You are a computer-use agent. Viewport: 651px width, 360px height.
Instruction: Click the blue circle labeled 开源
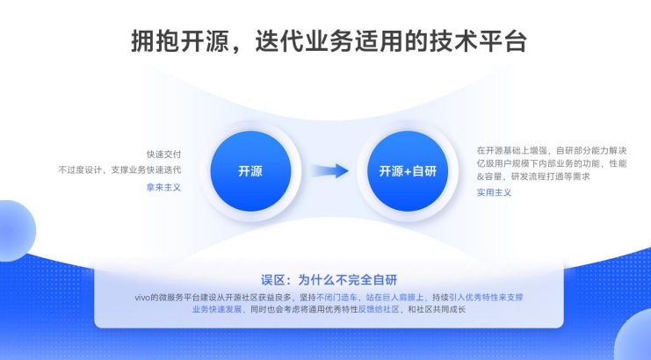point(250,171)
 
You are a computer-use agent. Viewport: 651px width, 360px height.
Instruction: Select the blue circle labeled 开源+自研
point(408,171)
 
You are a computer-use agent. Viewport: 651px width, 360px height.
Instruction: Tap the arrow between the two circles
point(329,171)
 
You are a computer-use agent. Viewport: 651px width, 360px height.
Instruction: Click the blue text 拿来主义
point(163,188)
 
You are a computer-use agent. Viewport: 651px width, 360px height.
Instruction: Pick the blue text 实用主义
point(494,192)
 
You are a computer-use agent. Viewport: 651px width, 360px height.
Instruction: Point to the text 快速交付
point(163,155)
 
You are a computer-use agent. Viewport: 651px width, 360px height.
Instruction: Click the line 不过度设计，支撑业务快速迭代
point(119,170)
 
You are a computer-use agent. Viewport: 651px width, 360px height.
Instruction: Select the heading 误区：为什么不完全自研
point(329,280)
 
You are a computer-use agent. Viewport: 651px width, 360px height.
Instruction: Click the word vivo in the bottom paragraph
point(142,298)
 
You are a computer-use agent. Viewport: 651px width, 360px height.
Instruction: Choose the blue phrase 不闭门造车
point(336,298)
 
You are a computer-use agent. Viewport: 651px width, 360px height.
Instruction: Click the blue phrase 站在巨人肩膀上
point(394,298)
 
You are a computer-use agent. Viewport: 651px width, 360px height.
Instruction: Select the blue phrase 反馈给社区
point(379,309)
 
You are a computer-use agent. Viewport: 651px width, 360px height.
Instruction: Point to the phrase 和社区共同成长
point(437,309)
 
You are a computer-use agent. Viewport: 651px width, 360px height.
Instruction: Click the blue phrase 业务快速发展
point(217,309)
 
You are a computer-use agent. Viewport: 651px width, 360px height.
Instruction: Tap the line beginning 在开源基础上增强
point(552,150)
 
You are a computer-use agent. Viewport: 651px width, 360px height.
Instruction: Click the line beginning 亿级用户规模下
point(552,163)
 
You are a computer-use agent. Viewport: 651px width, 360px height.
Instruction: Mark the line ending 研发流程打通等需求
point(533,176)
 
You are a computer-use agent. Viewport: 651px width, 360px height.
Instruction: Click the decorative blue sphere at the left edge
point(15,231)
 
